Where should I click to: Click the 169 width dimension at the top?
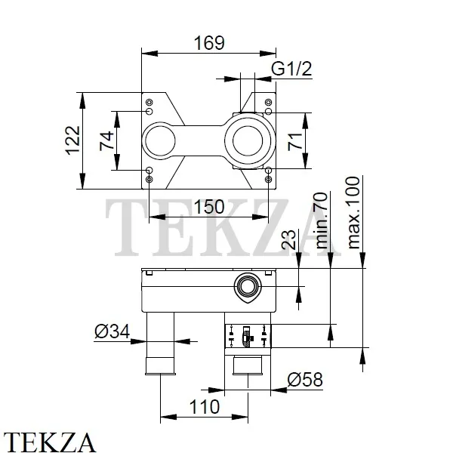tap(209, 43)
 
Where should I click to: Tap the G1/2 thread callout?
tap(291, 69)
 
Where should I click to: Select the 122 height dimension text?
tap(72, 140)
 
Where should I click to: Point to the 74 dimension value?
tap(106, 140)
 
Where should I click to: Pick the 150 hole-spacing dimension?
tap(209, 207)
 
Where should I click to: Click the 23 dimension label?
tap(288, 239)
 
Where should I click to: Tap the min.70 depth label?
tap(322, 220)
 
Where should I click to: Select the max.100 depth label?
tap(353, 213)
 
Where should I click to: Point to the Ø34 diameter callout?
tap(112, 331)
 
